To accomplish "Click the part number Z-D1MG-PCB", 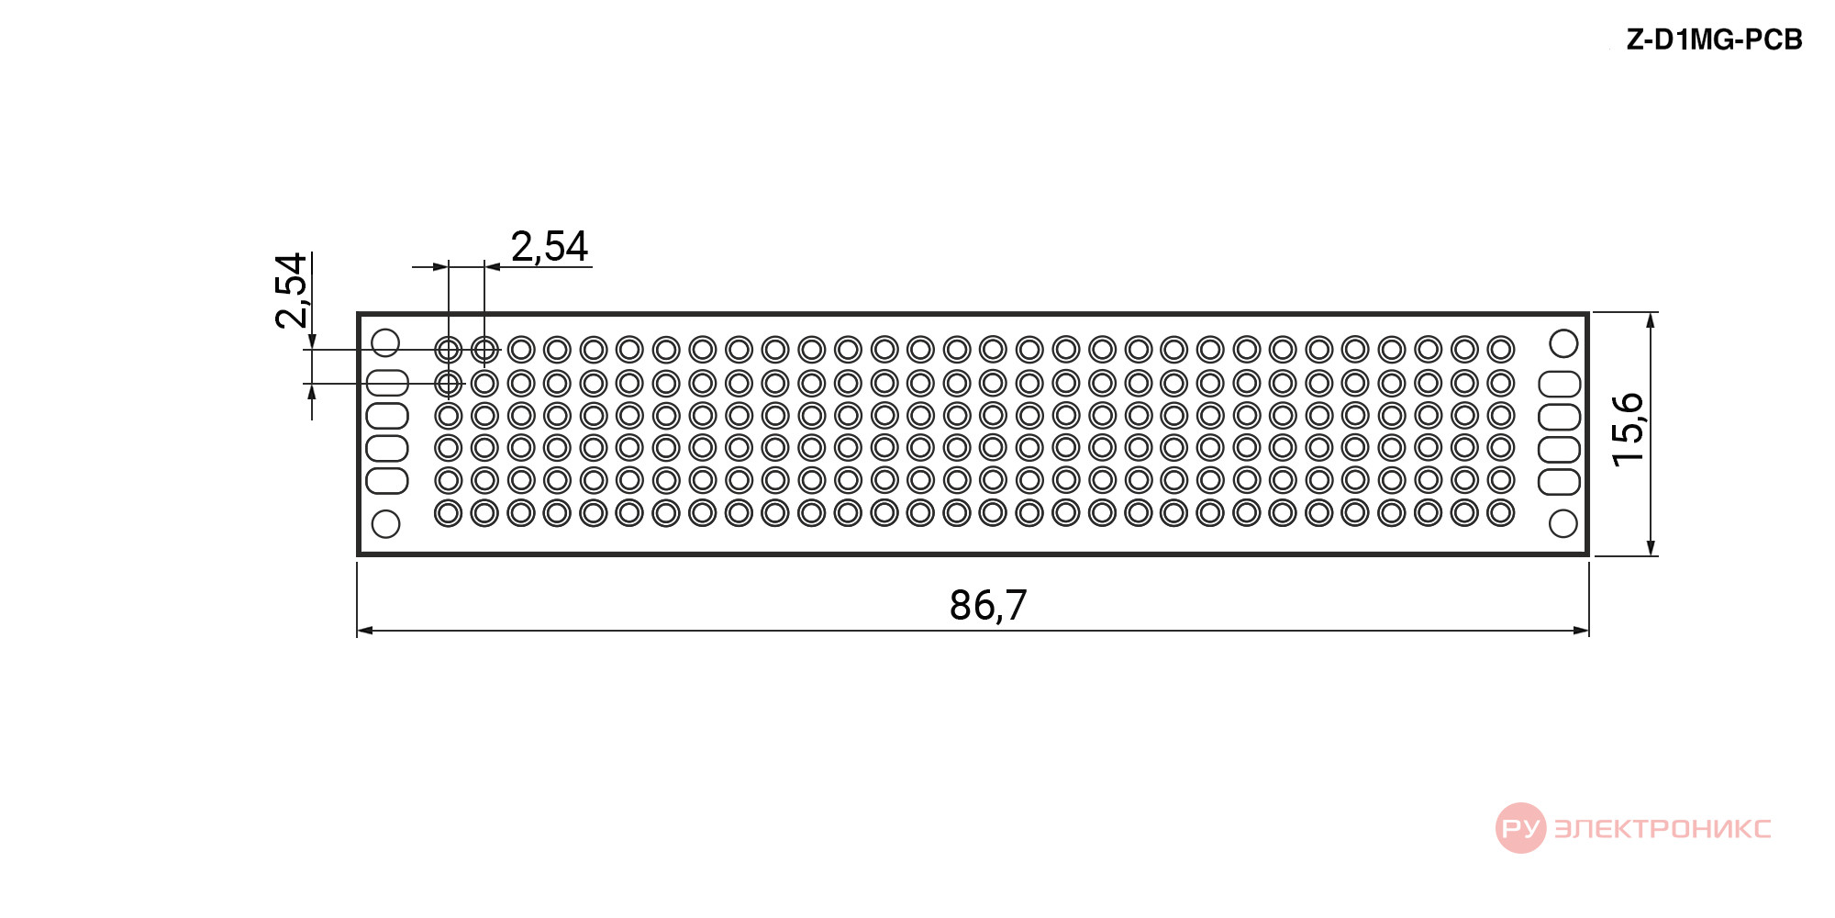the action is pos(1714,40).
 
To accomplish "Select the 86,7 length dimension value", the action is pos(988,605).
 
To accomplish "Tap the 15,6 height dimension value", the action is pos(1628,430).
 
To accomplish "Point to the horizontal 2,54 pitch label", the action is pos(549,246).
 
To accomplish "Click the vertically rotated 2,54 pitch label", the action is pos(291,290).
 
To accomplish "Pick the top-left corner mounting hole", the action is pos(385,343).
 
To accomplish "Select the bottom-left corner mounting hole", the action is pos(385,524).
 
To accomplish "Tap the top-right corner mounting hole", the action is pos(1563,343).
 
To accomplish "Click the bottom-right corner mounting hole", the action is pos(1563,524).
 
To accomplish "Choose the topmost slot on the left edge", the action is pos(387,383).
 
